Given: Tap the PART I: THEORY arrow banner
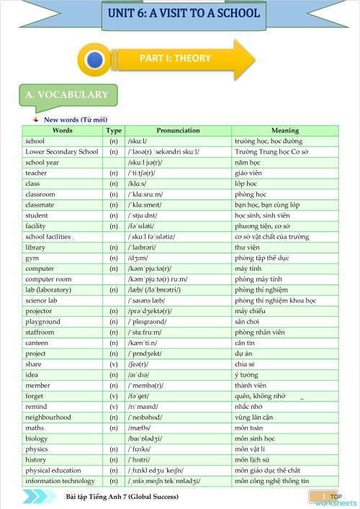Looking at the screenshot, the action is click(x=184, y=59).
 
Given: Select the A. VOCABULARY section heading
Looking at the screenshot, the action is click(x=66, y=94).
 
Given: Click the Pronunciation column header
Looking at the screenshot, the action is click(x=178, y=130).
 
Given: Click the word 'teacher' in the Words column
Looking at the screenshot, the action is click(x=36, y=173).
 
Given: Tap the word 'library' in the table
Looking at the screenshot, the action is click(x=35, y=247).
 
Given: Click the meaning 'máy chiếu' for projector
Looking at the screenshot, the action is click(x=251, y=311).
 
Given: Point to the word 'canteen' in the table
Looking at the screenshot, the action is click(x=37, y=343).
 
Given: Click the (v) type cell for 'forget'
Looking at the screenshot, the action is click(x=113, y=396).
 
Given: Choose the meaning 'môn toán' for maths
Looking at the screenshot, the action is click(x=250, y=428).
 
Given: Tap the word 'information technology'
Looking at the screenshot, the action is click(x=60, y=481).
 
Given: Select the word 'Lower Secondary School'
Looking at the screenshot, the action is click(x=62, y=152).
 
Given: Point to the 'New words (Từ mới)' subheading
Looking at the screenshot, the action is click(x=76, y=120).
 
